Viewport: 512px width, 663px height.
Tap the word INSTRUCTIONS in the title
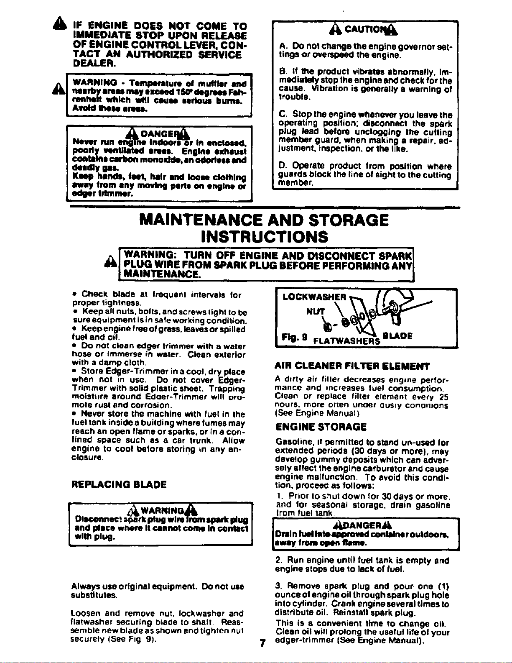pyautogui.click(x=264, y=237)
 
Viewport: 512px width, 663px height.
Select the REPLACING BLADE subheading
pyautogui.click(x=119, y=484)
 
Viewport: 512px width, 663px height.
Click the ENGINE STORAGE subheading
pyautogui.click(x=321, y=427)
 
